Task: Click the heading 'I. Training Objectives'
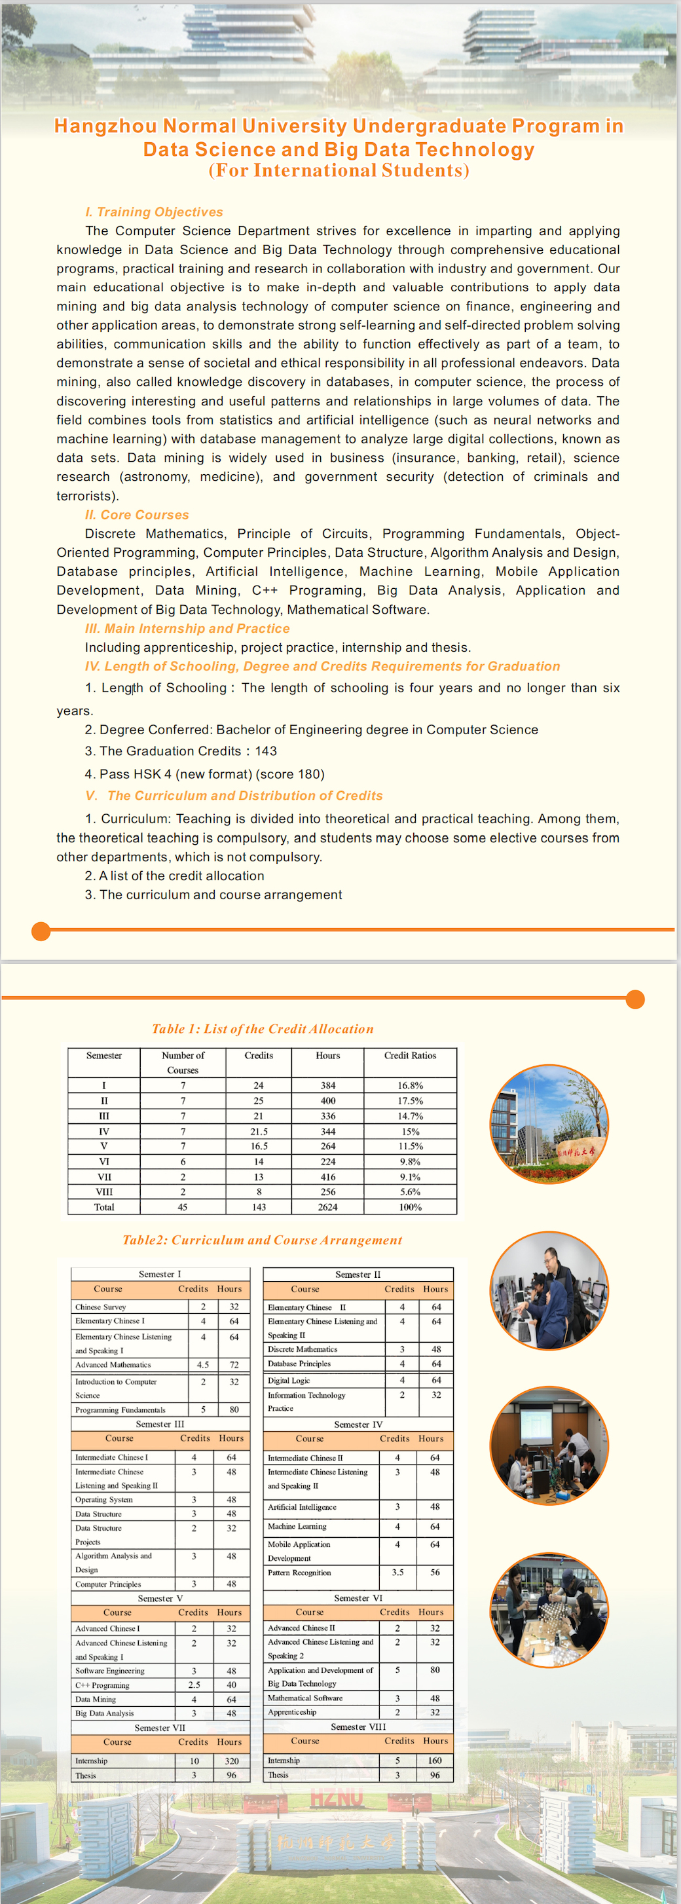[x=154, y=212]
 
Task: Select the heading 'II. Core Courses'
[x=137, y=515]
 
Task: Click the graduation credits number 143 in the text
[x=266, y=751]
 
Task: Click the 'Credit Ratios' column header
[x=410, y=1055]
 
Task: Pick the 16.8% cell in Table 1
[x=410, y=1086]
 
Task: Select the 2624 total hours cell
[x=328, y=1207]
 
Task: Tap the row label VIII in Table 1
[x=104, y=1191]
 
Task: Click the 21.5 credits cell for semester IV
[x=259, y=1132]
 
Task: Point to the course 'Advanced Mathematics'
[x=113, y=1364]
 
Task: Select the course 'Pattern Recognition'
[x=299, y=1573]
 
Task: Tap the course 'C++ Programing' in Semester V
[x=102, y=1685]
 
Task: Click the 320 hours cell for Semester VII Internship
[x=231, y=1761]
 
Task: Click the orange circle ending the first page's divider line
[x=41, y=931]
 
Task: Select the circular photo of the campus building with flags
[x=549, y=1123]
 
